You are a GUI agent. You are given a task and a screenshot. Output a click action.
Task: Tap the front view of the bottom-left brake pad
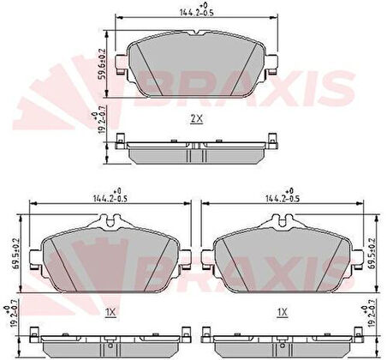[x=110, y=253]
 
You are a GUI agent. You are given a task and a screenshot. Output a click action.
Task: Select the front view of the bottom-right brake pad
[x=282, y=253]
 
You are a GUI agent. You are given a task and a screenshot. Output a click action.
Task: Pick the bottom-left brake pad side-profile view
[x=110, y=340]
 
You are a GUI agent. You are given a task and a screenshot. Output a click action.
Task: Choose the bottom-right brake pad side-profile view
[x=282, y=340]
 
